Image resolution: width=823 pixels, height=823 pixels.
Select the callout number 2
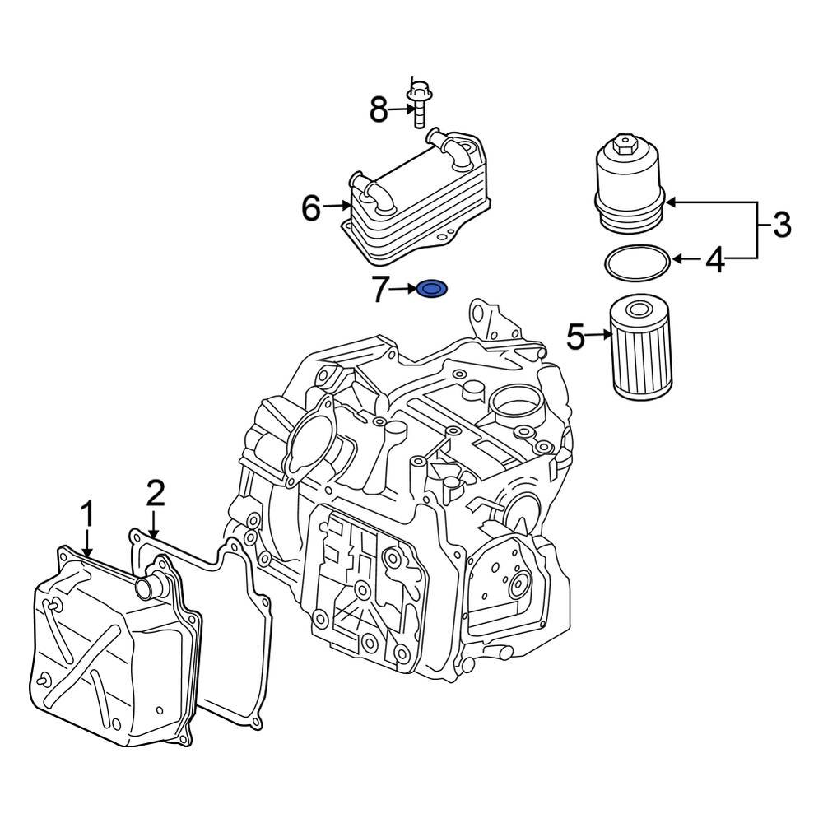click(156, 493)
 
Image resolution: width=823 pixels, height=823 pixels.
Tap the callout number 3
click(781, 224)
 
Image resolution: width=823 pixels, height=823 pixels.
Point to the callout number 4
click(715, 261)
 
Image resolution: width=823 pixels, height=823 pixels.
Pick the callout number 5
click(575, 336)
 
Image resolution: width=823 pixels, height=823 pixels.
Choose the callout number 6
click(310, 208)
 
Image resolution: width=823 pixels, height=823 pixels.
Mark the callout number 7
click(380, 289)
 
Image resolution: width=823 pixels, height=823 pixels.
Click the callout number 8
click(378, 109)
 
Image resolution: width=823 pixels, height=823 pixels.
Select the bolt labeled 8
click(419, 103)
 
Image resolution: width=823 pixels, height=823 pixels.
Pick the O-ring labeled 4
click(636, 263)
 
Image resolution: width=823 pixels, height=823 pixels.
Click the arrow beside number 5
click(598, 335)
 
